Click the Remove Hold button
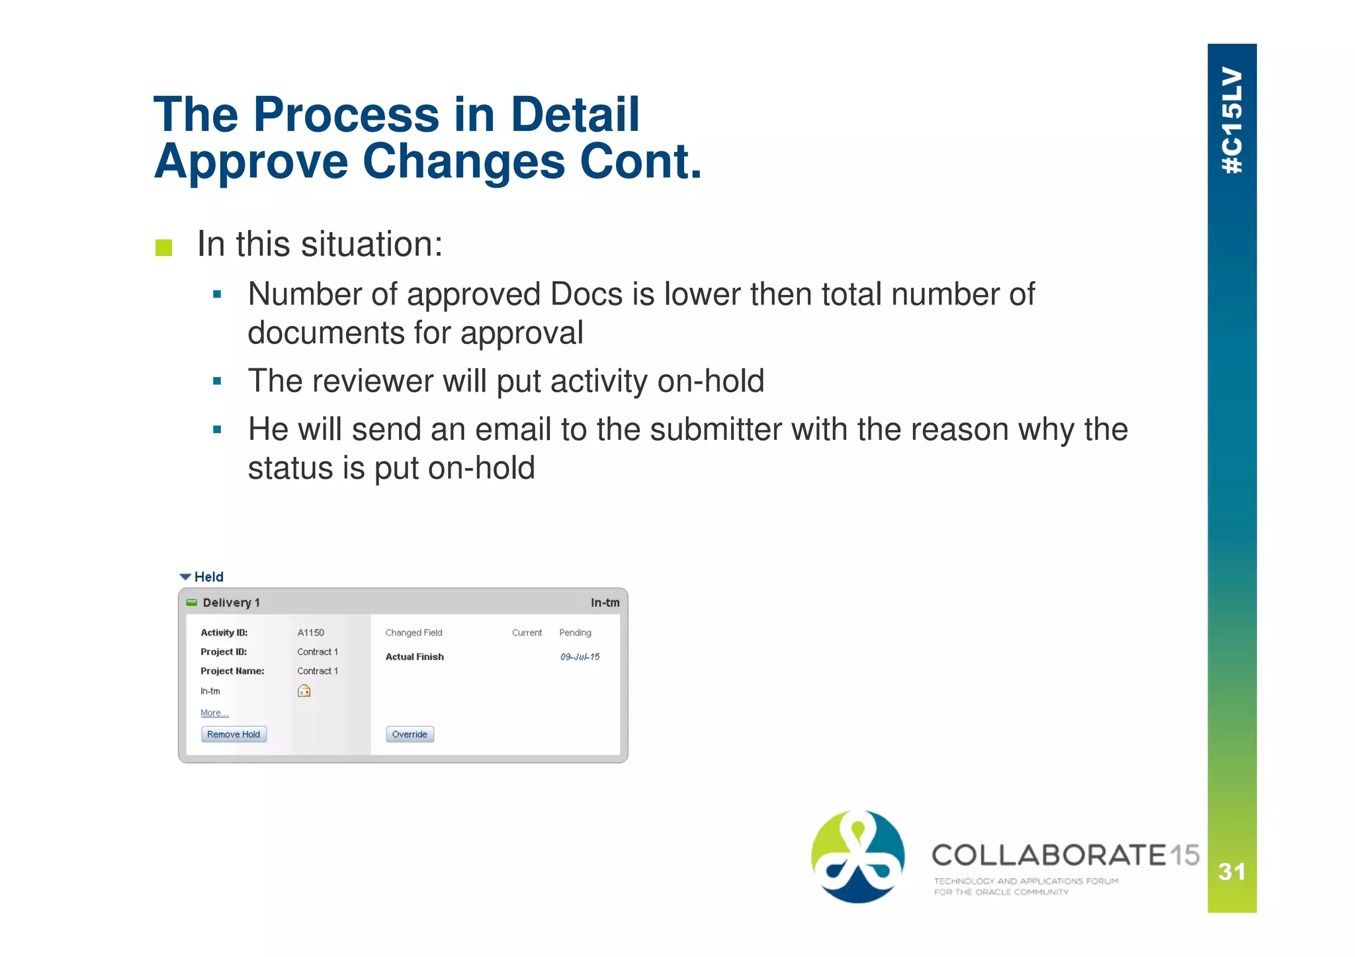pos(234,734)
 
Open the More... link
pos(214,713)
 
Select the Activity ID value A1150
pos(311,633)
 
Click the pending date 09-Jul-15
pos(580,657)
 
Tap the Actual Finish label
pos(415,657)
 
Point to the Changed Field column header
pos(414,633)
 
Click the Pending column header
pos(575,633)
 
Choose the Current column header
pos(527,633)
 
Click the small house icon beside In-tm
pos(304,691)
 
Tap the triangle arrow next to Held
pos(186,577)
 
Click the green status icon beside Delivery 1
pos(192,603)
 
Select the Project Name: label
pos(232,671)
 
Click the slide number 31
pos(1231,872)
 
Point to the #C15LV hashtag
pos(1232,120)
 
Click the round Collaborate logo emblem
pos(858,856)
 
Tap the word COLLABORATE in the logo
pos(1049,855)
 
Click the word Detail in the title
pos(574,114)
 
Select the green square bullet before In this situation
pos(163,248)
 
